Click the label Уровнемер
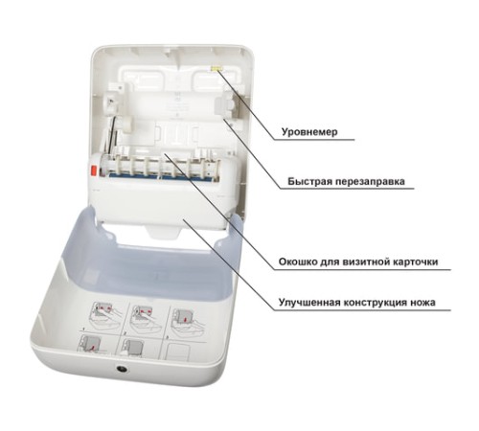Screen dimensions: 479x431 tap(309, 132)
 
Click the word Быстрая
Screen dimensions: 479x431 tap(308, 181)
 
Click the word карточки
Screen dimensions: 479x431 tap(414, 261)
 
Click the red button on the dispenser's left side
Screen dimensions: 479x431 tap(94, 170)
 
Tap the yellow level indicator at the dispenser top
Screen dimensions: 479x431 tap(216, 68)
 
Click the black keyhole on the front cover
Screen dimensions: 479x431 tap(123, 369)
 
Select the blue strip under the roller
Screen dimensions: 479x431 tap(151, 176)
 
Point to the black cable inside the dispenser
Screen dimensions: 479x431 tap(111, 134)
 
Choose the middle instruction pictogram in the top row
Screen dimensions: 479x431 tap(146, 317)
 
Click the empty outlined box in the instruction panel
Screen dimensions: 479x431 tap(179, 352)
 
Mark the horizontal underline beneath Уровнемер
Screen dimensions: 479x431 tap(314, 140)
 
